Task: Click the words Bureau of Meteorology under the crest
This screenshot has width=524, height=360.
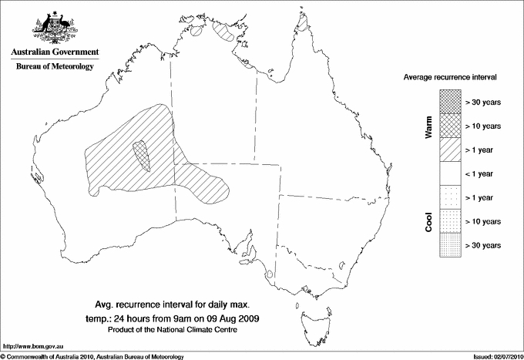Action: [x=54, y=67]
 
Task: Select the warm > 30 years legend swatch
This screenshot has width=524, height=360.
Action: [x=451, y=101]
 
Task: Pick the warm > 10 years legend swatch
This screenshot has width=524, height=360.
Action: [x=451, y=125]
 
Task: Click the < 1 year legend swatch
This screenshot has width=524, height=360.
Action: [x=451, y=173]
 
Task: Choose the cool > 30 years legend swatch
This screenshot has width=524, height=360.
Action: [x=451, y=245]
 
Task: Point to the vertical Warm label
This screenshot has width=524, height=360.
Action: [x=429, y=126]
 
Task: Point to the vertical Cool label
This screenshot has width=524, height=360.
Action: [x=429, y=220]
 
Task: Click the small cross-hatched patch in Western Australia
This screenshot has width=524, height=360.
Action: [x=141, y=155]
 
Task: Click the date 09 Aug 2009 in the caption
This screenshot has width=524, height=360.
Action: [x=233, y=318]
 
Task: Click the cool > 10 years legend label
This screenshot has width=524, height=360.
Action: [x=484, y=221]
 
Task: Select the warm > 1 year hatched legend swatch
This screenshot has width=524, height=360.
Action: [x=451, y=149]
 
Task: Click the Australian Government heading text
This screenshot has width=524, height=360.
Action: [x=54, y=52]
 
